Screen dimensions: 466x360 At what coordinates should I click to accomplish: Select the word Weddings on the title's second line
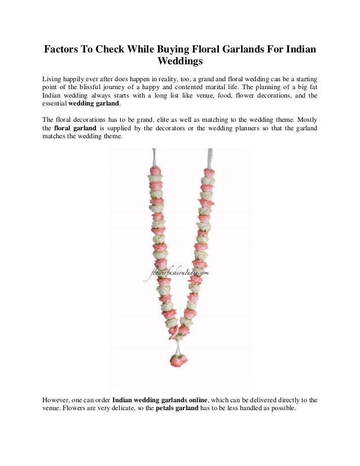point(180,61)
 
